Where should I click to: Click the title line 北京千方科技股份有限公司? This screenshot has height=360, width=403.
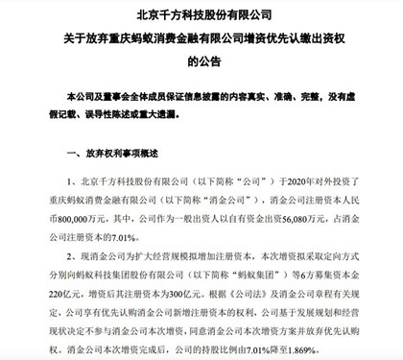(x=201, y=13)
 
